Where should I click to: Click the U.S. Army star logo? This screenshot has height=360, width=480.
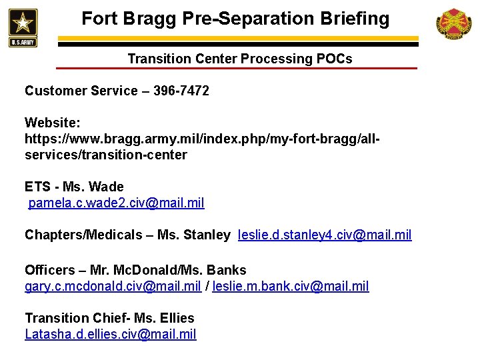point(23,27)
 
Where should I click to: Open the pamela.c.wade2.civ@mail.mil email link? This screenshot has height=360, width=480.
point(116,203)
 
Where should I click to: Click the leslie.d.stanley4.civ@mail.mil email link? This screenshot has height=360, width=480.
point(325,235)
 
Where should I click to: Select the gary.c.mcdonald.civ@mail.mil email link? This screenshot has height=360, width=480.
point(113,286)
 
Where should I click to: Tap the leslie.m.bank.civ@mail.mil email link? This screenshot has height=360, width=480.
point(291,286)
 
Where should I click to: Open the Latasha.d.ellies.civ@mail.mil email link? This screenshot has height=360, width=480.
point(111,334)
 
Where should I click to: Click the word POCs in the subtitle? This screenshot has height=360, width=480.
point(335,59)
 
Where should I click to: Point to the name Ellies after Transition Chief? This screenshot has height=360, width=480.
point(177,318)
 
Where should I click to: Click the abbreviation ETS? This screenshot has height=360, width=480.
point(37,187)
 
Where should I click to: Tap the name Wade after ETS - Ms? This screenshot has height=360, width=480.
point(107,187)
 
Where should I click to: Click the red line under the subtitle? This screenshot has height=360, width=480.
point(236,68)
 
